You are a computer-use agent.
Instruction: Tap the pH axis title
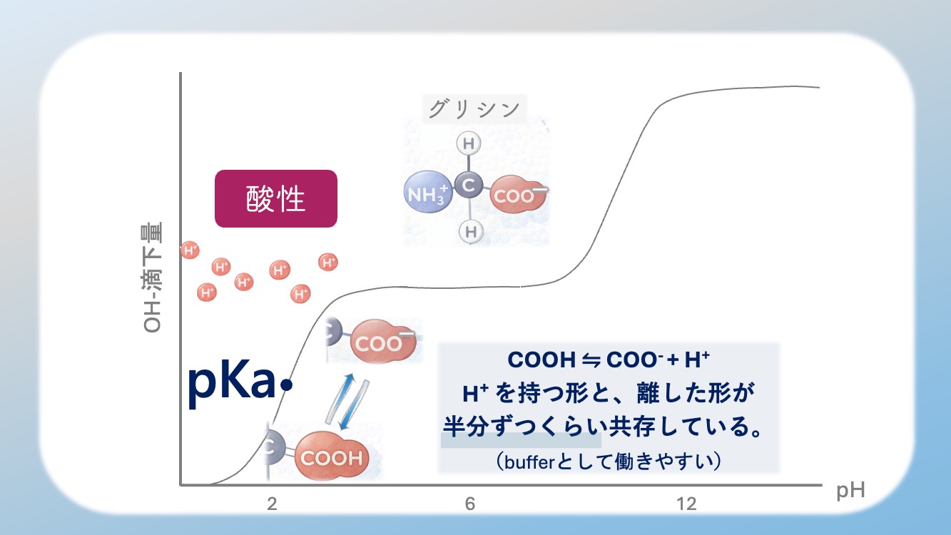(850, 491)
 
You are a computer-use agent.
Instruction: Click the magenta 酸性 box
(275, 199)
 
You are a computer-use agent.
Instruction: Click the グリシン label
(474, 109)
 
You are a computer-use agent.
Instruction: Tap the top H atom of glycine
(468, 144)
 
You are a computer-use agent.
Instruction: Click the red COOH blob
(331, 457)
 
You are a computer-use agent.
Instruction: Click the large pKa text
(232, 384)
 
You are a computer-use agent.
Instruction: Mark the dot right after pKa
(287, 385)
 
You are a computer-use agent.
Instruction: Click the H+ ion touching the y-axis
(190, 250)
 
